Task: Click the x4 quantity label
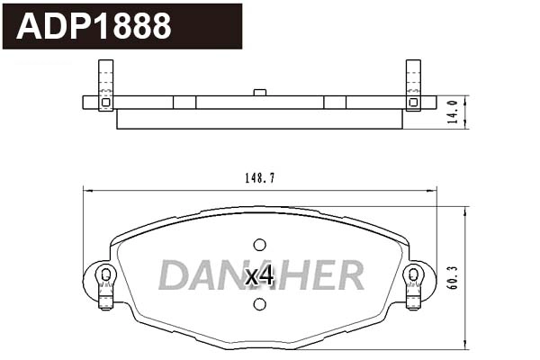[x=259, y=276]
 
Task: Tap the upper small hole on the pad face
[x=259, y=245]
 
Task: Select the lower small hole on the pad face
[x=259, y=304]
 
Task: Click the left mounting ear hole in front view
[x=106, y=274]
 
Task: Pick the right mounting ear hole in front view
[x=413, y=274]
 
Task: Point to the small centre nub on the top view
[x=259, y=92]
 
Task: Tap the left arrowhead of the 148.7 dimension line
[x=86, y=188]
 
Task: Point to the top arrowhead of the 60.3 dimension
[x=464, y=211]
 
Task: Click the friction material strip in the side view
[x=259, y=119]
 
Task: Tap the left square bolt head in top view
[x=105, y=103]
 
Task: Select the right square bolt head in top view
[x=413, y=103]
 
